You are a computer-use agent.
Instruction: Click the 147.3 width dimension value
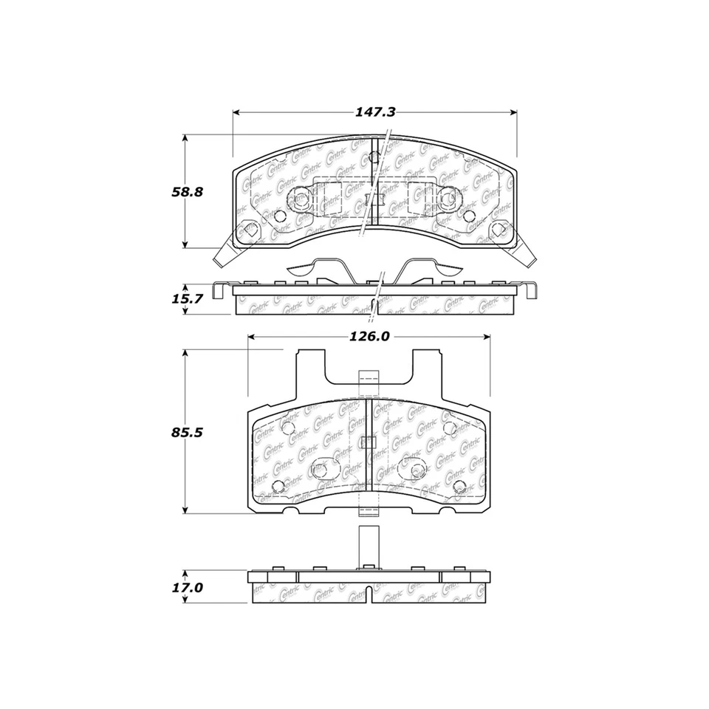[x=376, y=112]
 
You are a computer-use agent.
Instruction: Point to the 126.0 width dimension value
[x=369, y=336]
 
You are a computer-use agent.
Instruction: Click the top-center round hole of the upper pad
[x=374, y=157]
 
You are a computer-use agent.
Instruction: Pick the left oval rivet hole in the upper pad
[x=300, y=199]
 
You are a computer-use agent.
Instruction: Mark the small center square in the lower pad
[x=367, y=443]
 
